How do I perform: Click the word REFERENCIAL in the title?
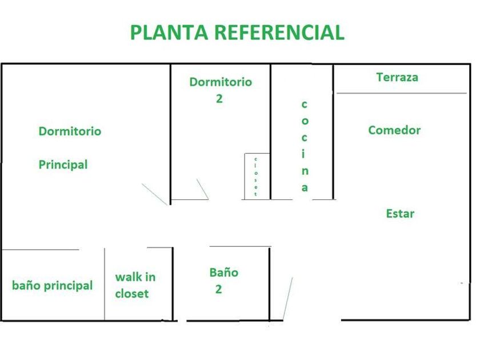(x=279, y=32)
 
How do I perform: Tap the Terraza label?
(x=397, y=77)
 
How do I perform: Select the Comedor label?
(x=394, y=130)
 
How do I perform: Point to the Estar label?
(x=400, y=214)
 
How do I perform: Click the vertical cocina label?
(x=305, y=146)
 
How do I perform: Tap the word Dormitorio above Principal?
(x=70, y=131)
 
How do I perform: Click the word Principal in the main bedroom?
(x=63, y=165)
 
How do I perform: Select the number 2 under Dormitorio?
(x=219, y=98)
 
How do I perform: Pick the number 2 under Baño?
(x=218, y=289)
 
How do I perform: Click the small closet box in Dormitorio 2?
(x=256, y=176)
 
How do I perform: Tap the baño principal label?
(x=52, y=285)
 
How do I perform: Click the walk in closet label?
(x=135, y=285)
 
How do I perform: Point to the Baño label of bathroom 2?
(x=223, y=272)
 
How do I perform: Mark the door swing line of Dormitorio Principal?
(x=154, y=194)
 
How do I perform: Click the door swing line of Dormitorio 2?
(x=202, y=189)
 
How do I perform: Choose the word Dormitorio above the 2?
(x=221, y=82)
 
